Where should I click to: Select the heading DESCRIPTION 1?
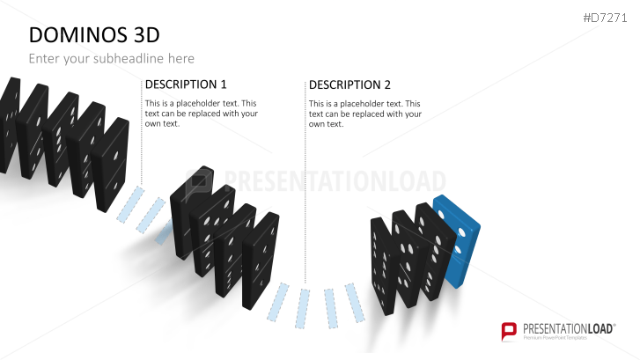pos(185,84)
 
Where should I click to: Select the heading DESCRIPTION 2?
pos(349,84)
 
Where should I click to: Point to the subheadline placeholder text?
pos(111,58)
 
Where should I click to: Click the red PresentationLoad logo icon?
pos(508,331)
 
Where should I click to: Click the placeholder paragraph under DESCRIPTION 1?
pos(201,113)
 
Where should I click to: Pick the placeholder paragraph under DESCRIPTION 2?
pos(365,113)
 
